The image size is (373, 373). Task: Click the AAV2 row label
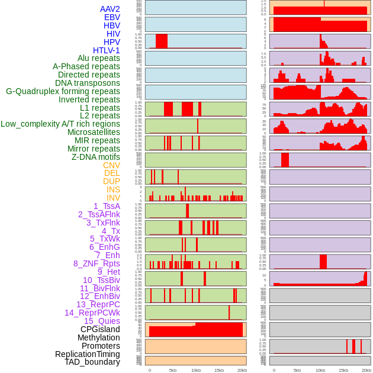[110, 9]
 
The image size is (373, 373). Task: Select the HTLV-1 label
[107, 50]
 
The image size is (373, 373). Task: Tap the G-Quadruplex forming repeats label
[63, 91]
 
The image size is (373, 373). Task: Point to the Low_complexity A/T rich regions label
[60, 124]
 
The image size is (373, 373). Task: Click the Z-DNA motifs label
[96, 157]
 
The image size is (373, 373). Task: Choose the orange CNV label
[111, 165]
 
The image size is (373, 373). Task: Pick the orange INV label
[113, 198]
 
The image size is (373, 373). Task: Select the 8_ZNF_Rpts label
[97, 263]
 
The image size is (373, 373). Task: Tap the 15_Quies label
[102, 321]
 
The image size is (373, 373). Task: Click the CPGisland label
[100, 329]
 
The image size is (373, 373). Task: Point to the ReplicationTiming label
[88, 354]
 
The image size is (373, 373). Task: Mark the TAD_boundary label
[92, 362]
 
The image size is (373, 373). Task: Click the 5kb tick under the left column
[172, 370]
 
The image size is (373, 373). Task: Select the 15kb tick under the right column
[343, 370]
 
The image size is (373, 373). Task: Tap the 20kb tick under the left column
[242, 370]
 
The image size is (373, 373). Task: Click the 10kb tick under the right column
[320, 370]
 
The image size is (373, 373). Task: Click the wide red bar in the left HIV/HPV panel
[162, 41]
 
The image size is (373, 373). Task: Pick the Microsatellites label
[94, 132]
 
